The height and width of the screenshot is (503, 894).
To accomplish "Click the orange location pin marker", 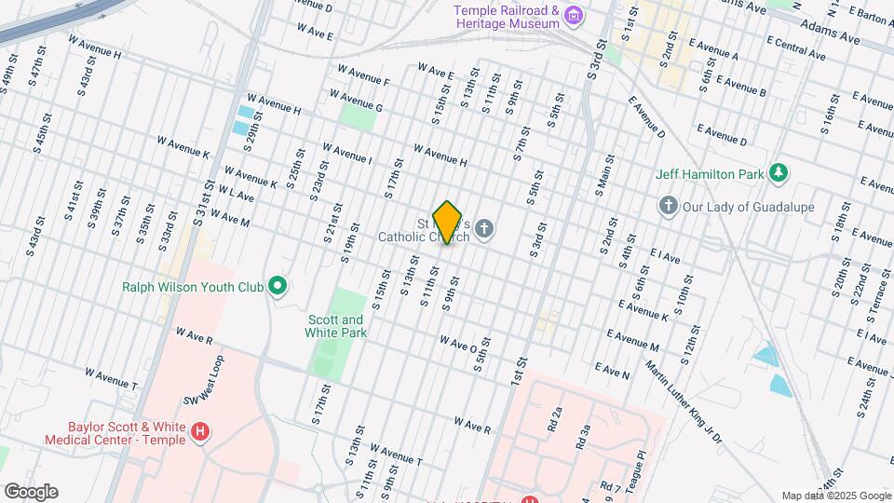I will point(448,223).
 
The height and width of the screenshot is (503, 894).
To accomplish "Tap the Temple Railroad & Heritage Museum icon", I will point(575,16).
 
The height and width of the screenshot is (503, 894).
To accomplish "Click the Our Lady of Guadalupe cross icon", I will point(667,205).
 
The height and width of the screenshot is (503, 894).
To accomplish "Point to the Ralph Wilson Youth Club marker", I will point(277,286).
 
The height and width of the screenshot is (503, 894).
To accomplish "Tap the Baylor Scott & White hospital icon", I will point(198,432).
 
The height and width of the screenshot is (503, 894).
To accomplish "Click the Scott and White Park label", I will point(337,325).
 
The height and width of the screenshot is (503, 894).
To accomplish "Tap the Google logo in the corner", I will point(30,491).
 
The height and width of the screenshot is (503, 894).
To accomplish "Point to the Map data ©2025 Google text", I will point(835,496).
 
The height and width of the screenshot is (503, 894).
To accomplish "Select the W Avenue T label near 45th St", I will point(111,378).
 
